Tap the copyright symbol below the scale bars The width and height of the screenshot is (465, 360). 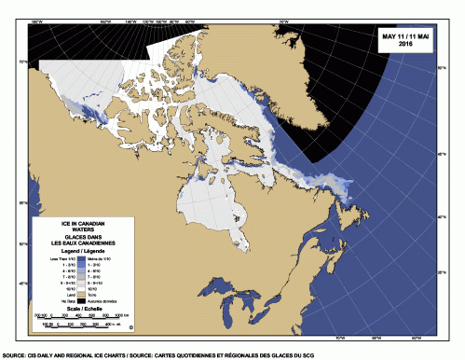131,327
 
